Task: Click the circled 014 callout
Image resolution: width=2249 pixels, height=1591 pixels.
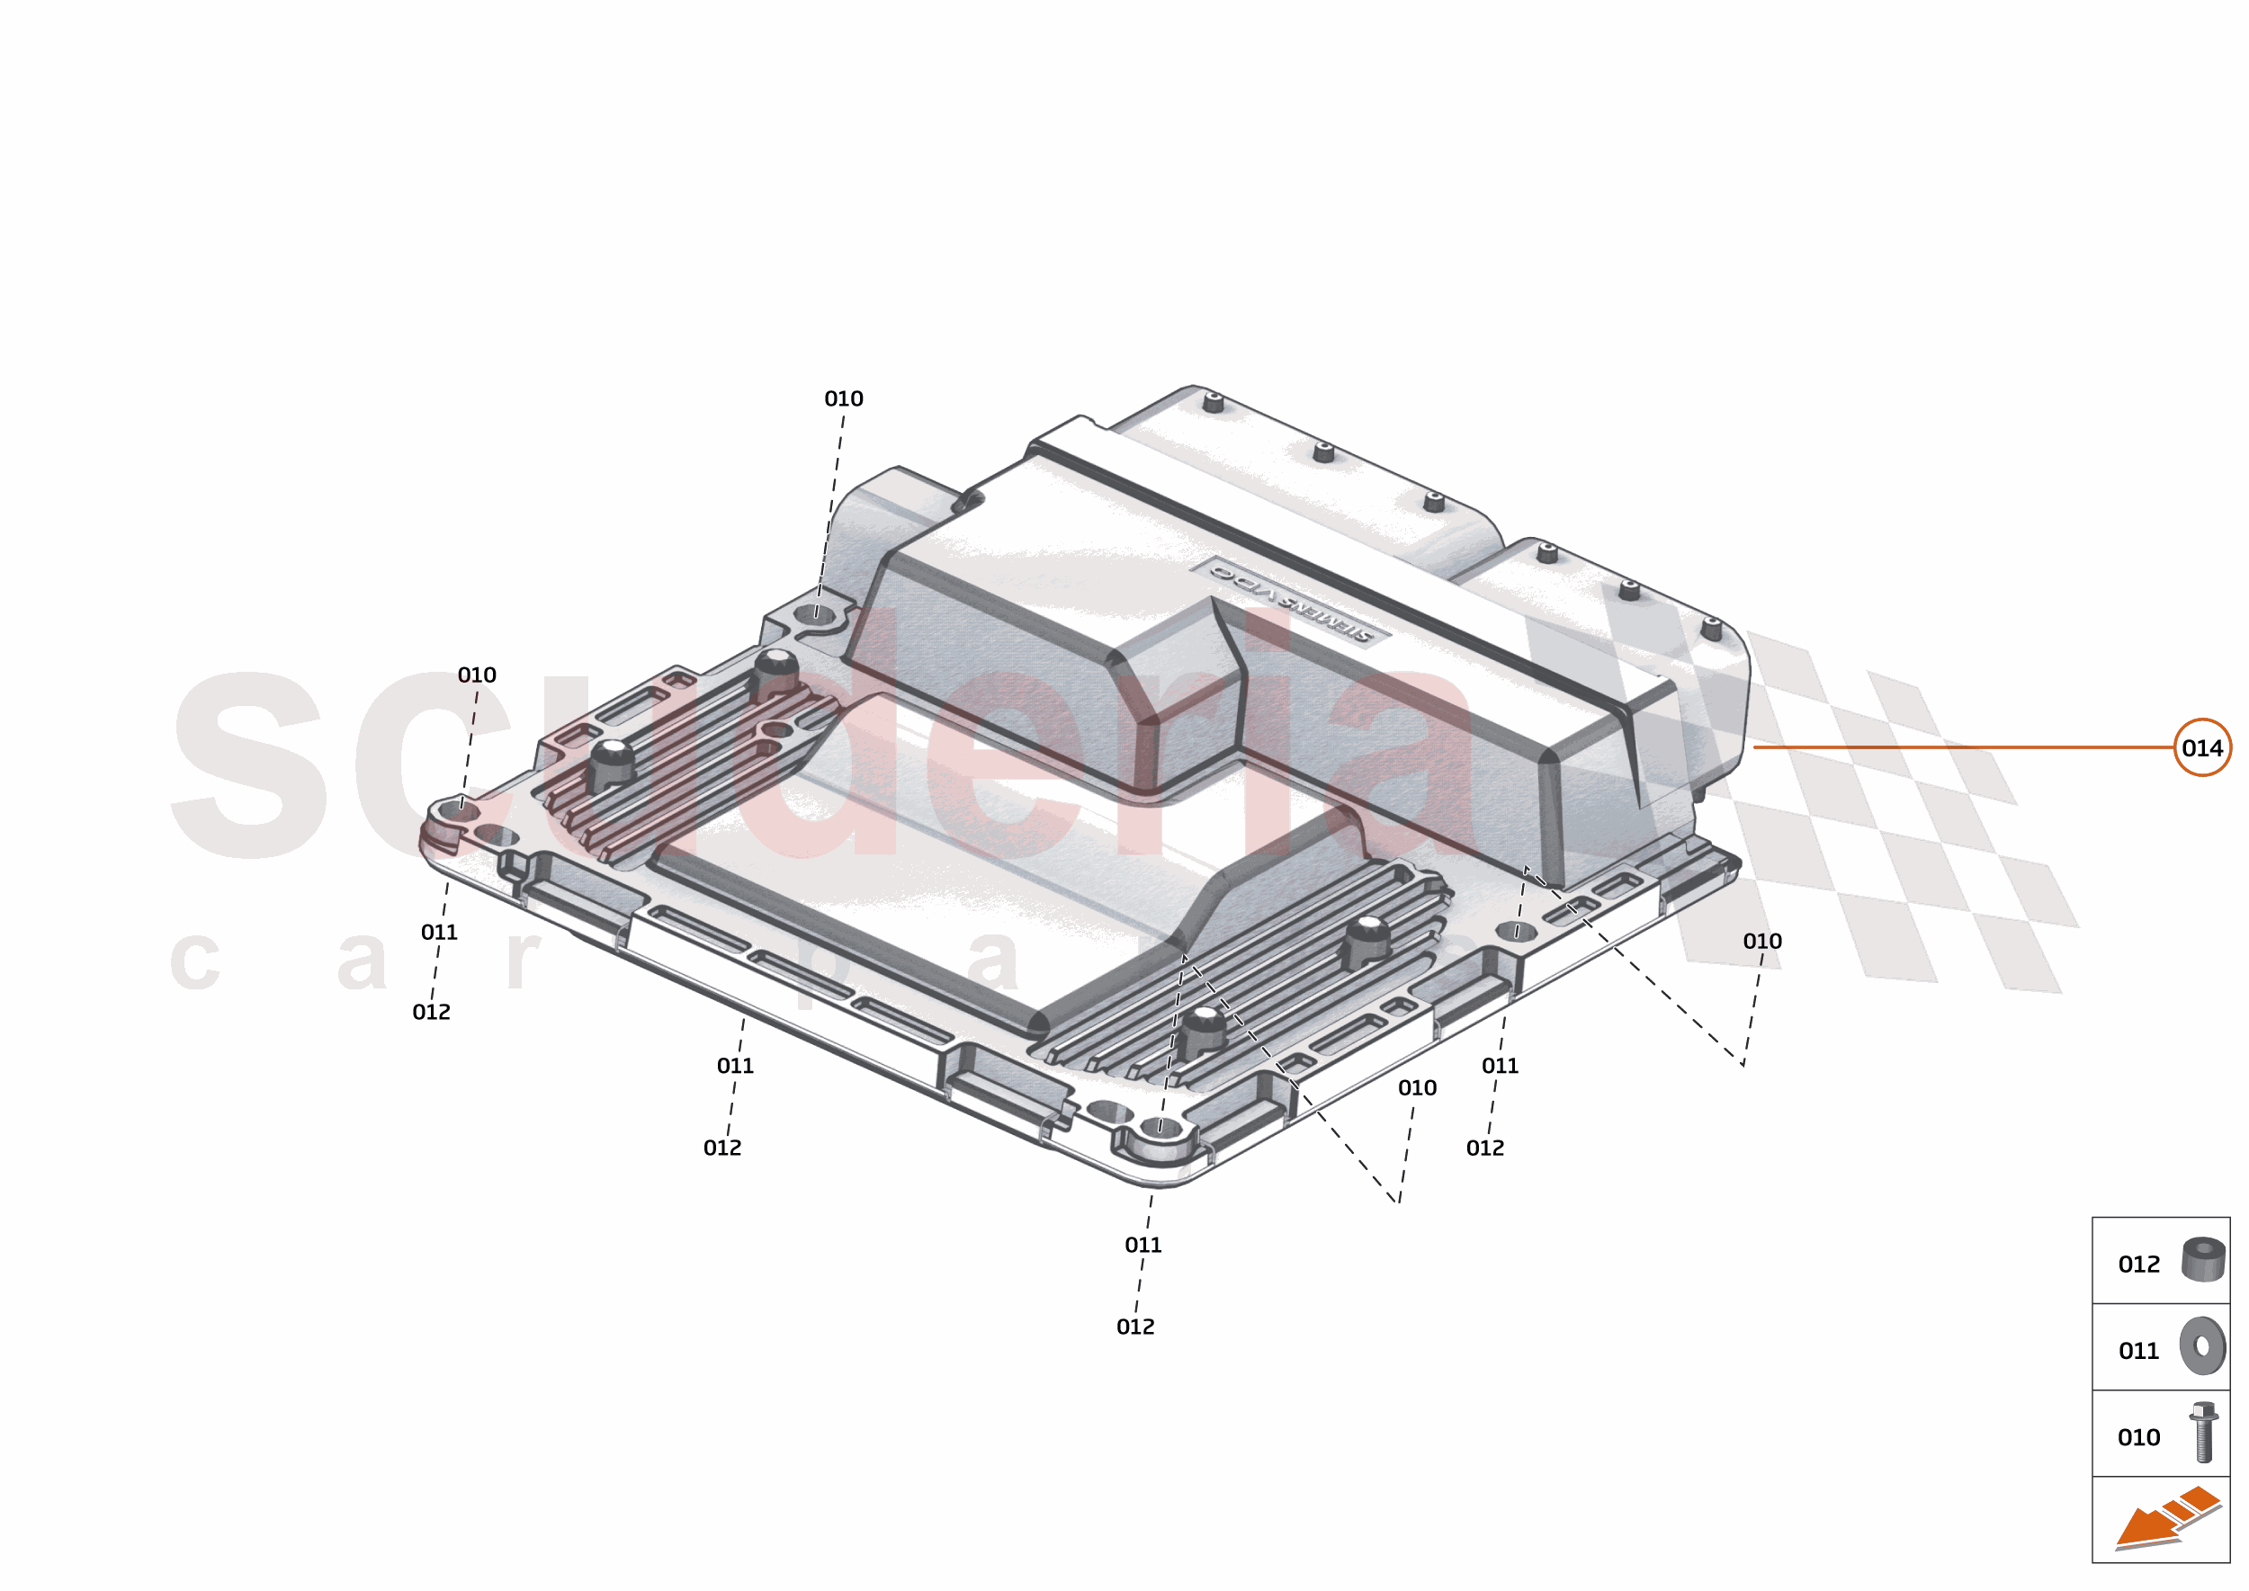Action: (2201, 748)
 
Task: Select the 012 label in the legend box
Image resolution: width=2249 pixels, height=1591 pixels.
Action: (2138, 1265)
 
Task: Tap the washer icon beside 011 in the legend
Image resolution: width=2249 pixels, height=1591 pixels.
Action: (2202, 1347)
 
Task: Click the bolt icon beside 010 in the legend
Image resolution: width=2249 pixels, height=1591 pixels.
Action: (2203, 1433)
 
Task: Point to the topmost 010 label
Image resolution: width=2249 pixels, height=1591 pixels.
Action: (843, 398)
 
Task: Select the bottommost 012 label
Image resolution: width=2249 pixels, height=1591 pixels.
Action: (1134, 1327)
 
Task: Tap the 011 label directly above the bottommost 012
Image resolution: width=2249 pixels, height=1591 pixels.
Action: (1142, 1245)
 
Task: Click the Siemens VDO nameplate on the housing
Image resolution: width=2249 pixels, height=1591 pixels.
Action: (1291, 602)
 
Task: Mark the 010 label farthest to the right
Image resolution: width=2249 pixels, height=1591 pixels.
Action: (1761, 942)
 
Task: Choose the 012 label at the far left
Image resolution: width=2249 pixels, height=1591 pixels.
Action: (431, 1012)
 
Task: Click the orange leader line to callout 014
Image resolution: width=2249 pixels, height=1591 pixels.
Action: (1960, 747)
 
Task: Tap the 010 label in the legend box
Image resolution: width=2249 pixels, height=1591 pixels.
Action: (2138, 1438)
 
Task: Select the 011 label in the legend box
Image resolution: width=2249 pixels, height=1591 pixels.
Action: (2138, 1351)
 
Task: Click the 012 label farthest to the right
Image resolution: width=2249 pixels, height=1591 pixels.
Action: (1484, 1149)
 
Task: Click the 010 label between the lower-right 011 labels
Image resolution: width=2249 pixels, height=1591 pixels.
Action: (1417, 1087)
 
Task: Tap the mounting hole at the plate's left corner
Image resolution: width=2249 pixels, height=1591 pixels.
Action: (461, 811)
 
